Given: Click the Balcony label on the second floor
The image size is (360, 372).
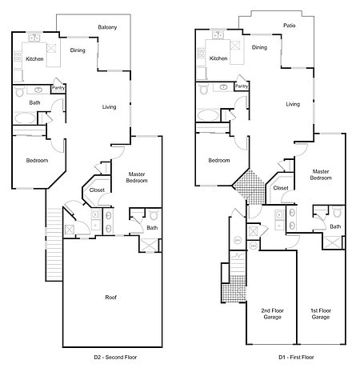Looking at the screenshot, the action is coord(107,27).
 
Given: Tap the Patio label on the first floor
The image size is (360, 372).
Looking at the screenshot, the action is coord(290,26).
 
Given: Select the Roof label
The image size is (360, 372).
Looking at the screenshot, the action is coord(110,297).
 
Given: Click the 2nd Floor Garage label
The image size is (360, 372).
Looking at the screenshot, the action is coord(272,314).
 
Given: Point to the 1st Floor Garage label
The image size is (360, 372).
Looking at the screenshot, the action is coord(321,314).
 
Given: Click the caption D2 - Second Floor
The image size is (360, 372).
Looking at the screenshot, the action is coord(115,357).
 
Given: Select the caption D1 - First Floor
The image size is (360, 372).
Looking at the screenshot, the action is coord(296,357).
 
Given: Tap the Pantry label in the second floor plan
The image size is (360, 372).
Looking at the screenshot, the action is coord(58,88).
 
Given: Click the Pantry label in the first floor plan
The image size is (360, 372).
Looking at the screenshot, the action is coord(242,86).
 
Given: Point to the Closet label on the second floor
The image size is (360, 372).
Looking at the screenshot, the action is coord(97,190).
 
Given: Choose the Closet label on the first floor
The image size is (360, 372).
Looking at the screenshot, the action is coord(281,188).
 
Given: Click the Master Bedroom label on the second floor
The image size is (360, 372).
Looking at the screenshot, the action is coord(137,178).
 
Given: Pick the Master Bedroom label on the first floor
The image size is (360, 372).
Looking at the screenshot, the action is coord(321,174).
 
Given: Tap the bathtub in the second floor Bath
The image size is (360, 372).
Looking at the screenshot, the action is coord(25,118).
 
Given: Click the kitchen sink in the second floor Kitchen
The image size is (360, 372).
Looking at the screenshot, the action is coord(34,38).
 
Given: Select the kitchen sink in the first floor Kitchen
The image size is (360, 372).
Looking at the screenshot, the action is coord(218,35).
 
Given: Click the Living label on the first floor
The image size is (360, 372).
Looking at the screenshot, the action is coord(293,104).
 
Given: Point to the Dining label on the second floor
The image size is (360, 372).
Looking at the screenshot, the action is coord(78,50).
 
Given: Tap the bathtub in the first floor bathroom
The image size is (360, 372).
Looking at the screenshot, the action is coord(208,115).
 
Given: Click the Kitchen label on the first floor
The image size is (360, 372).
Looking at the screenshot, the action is coord(218,58).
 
